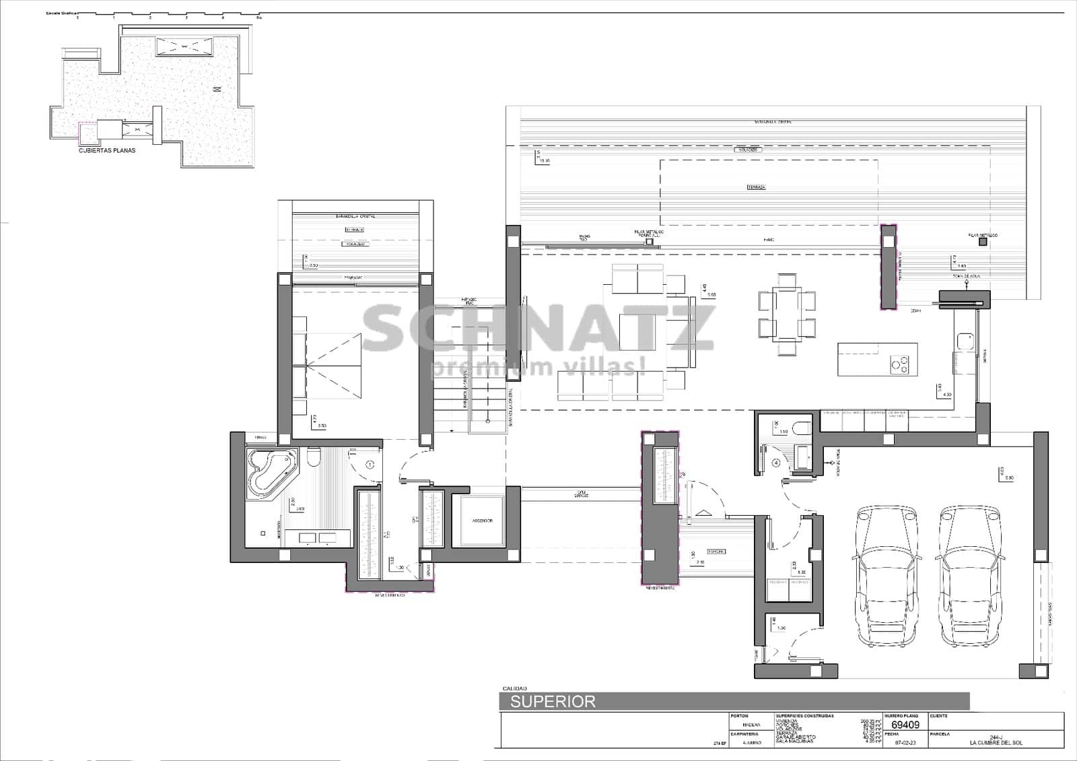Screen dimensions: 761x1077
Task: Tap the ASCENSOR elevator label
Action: click(x=482, y=521)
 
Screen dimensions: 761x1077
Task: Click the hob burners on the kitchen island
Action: click(x=899, y=364)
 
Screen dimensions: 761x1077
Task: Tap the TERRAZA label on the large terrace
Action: click(x=756, y=187)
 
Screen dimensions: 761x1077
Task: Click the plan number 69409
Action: click(x=905, y=725)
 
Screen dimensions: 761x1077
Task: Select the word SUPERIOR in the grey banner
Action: click(x=553, y=702)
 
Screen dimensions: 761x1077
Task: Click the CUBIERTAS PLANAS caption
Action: click(x=107, y=151)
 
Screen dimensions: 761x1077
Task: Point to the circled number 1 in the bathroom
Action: click(x=370, y=465)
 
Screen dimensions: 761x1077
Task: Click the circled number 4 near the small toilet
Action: click(x=776, y=463)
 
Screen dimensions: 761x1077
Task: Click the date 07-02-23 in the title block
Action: click(x=904, y=743)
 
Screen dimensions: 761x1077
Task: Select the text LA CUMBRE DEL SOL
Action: click(x=996, y=743)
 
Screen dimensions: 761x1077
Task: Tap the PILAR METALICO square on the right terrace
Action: click(x=983, y=242)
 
